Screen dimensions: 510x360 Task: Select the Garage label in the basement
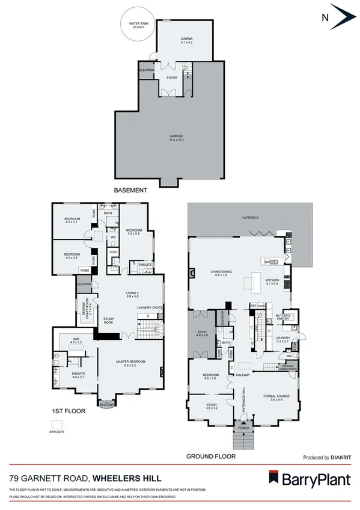tap(176, 138)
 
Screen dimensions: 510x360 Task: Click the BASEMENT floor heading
tap(130, 190)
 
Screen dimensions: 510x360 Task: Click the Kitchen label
tap(272, 281)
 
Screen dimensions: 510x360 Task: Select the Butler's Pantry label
tap(282, 317)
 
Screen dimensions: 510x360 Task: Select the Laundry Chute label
tap(148, 307)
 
